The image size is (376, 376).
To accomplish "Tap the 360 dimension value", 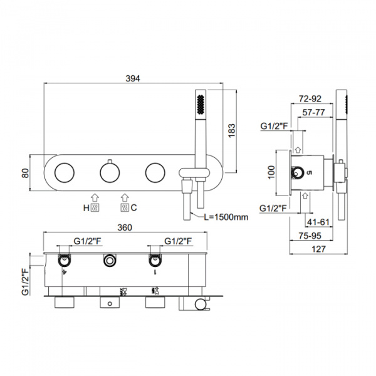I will [125, 227].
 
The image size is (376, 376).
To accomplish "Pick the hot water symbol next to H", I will [95, 207].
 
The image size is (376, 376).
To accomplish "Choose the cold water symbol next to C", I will [125, 207].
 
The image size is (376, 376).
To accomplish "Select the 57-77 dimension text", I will [313, 113].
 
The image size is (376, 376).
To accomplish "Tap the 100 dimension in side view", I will [271, 172].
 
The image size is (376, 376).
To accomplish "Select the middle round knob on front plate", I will [109, 172].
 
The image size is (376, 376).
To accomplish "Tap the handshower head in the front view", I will [201, 103].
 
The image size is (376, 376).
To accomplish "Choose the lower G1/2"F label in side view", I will [274, 207].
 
